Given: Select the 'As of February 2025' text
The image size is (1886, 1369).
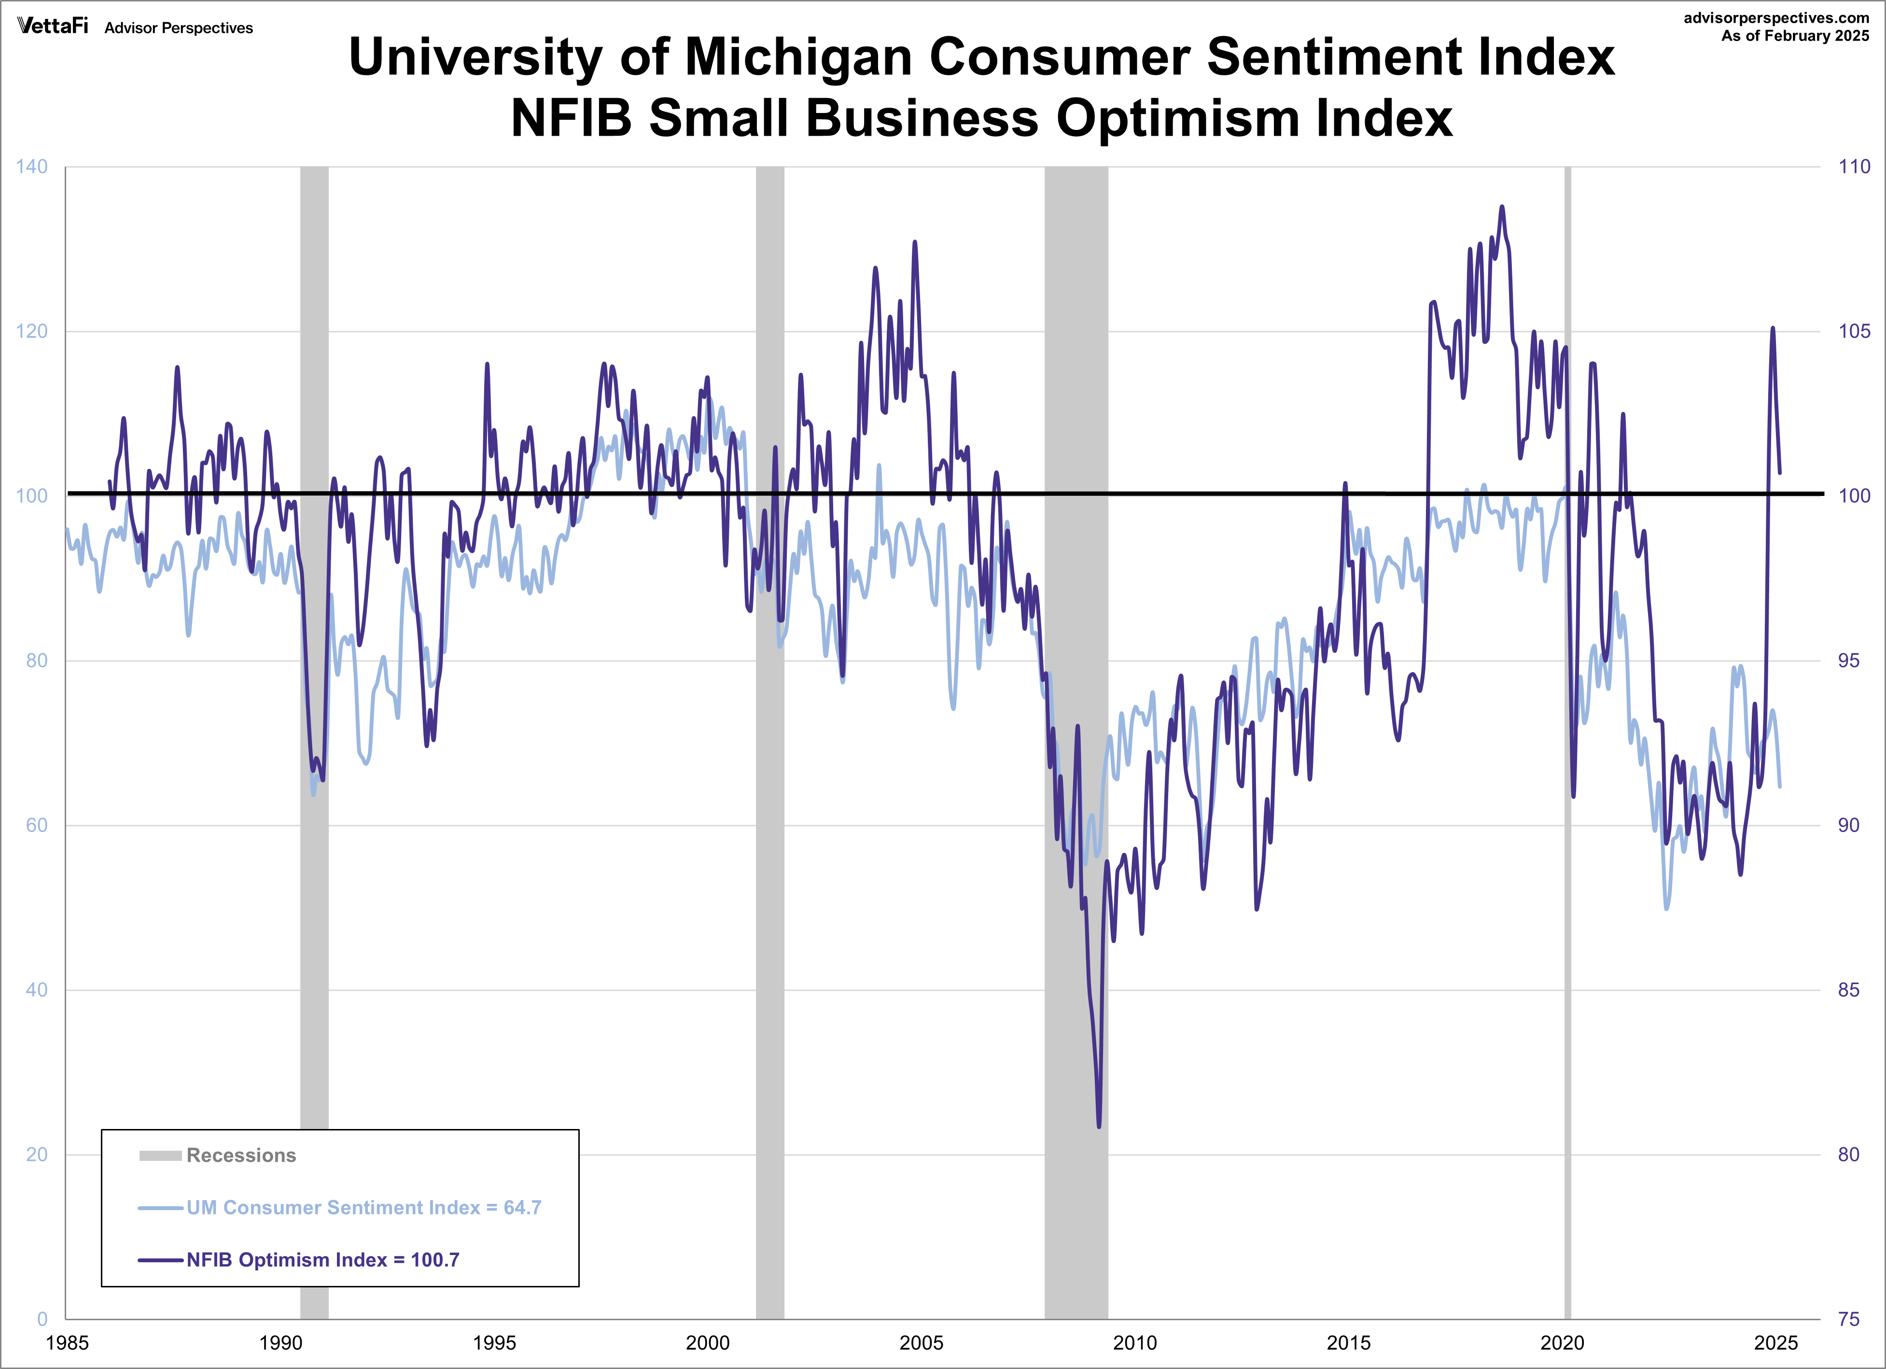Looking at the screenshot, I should point(1795,36).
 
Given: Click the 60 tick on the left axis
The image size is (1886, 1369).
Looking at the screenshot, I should point(37,825).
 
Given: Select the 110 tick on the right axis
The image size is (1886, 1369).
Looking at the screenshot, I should point(1854,166).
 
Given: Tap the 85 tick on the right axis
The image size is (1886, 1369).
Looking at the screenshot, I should point(1848,990).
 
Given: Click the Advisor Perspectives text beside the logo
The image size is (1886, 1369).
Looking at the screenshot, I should point(178,28).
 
